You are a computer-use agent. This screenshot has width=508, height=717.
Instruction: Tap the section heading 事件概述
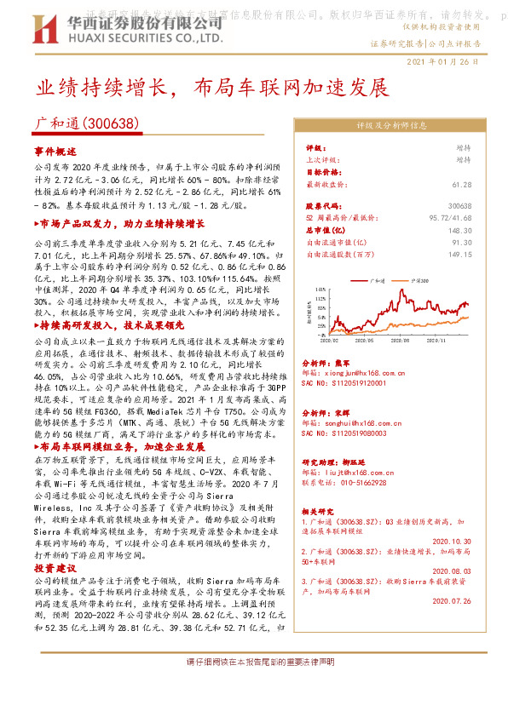coord(55,151)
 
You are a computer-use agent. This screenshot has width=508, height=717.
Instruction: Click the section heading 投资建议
coord(55,567)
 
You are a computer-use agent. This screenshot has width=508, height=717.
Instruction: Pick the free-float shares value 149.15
coord(459,254)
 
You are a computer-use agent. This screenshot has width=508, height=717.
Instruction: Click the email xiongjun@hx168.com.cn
coord(343,371)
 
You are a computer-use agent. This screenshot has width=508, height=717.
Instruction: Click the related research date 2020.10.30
coord(451,541)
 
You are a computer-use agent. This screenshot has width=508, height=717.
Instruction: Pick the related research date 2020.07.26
coord(451,600)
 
